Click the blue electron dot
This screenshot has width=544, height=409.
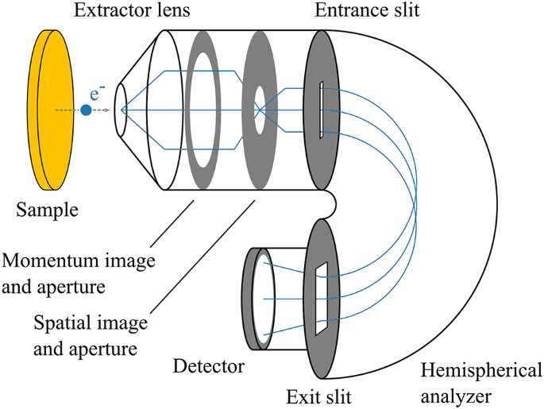click(86, 110)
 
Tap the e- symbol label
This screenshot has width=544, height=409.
click(96, 93)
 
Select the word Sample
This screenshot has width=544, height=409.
click(48, 210)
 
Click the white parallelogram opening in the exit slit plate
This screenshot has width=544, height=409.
click(321, 298)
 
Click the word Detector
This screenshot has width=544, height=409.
click(208, 366)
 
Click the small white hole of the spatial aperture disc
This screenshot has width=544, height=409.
click(259, 110)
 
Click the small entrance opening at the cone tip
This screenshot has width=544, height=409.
click(122, 110)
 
